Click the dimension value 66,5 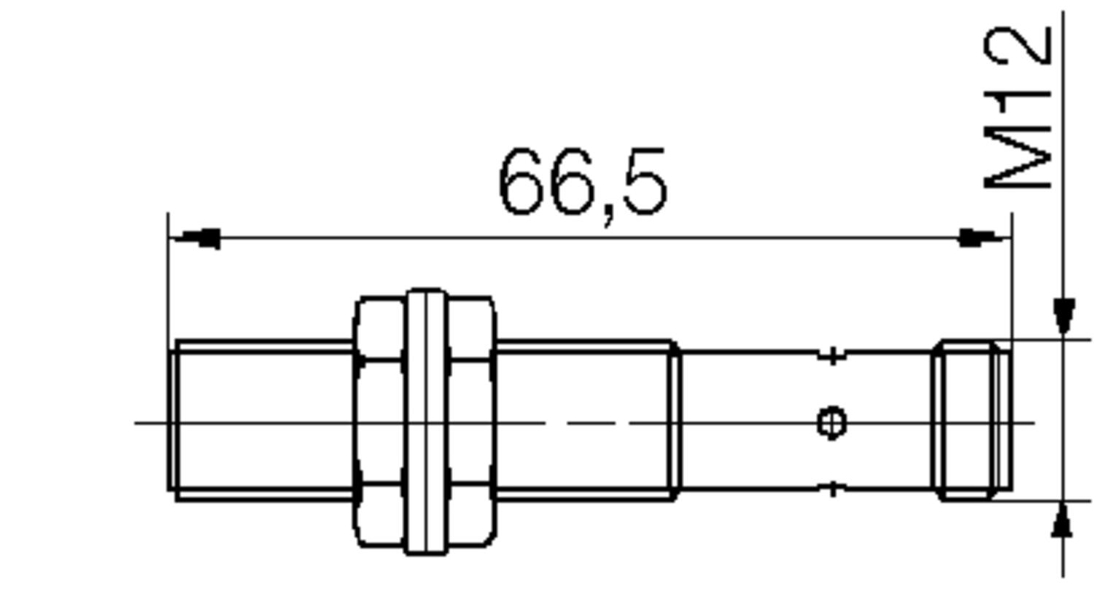[x=582, y=182]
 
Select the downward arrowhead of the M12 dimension [x=1064, y=315]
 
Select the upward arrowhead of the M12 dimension [x=1063, y=520]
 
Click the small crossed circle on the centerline [x=831, y=422]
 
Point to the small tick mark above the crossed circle [x=832, y=356]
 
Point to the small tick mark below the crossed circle [x=832, y=489]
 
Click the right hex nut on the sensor [x=471, y=421]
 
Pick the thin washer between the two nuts [x=426, y=421]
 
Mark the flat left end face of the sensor [x=171, y=421]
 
